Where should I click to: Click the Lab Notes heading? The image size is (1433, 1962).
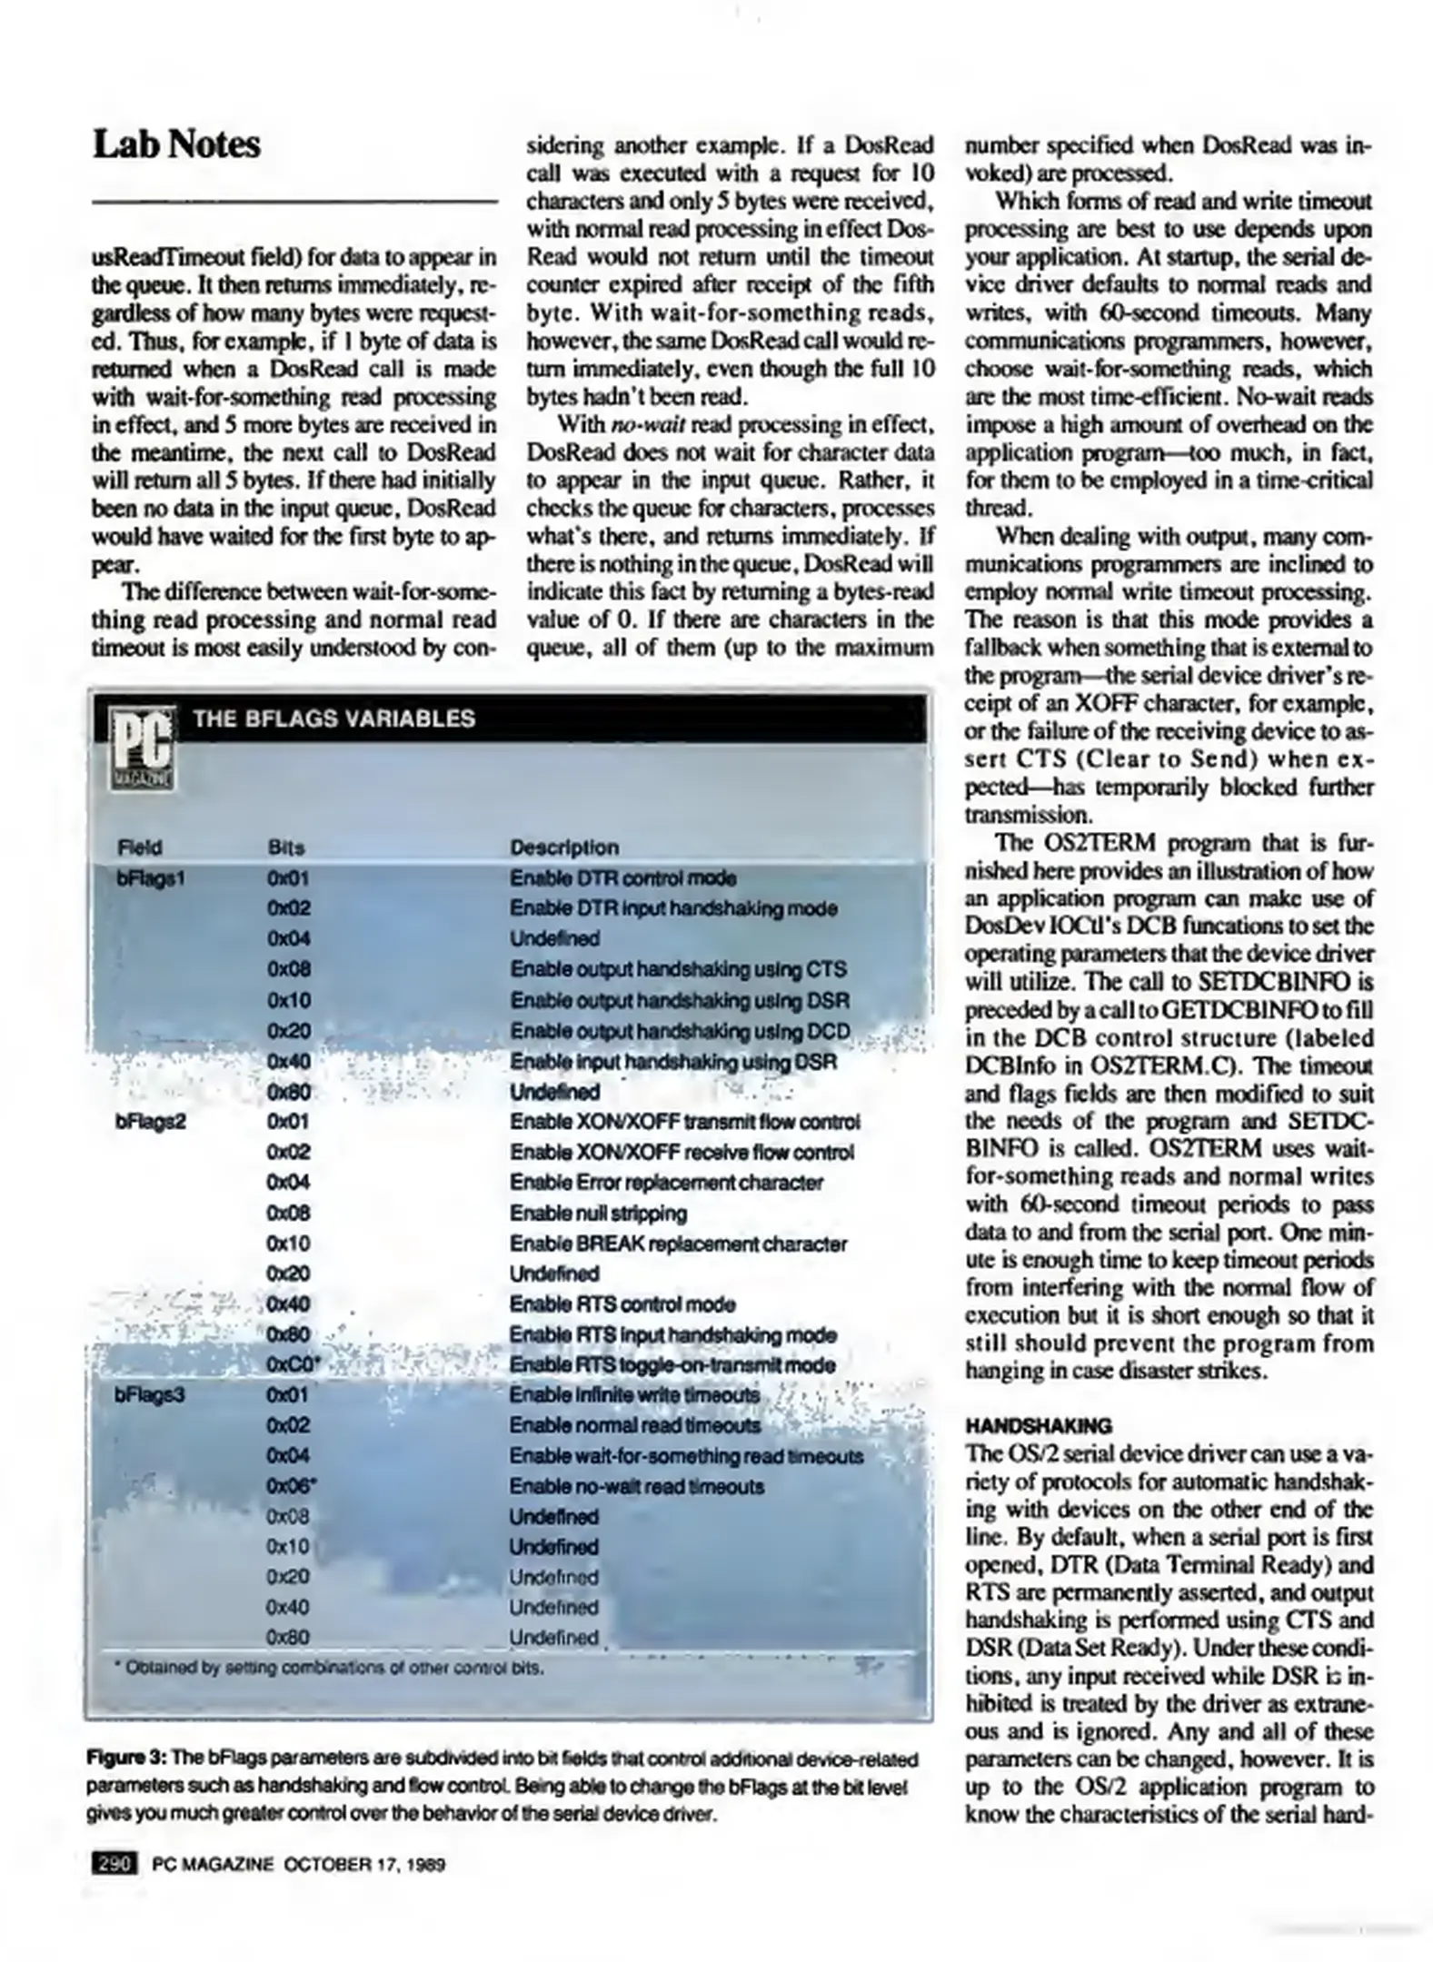click(176, 144)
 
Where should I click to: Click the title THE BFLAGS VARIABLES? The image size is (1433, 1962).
click(333, 718)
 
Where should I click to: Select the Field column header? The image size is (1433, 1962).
click(139, 847)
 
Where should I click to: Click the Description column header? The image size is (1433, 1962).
click(563, 847)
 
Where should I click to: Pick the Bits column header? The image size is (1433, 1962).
click(286, 847)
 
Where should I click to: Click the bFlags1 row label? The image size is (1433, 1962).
click(151, 878)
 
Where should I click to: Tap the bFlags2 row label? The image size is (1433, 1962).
click(150, 1122)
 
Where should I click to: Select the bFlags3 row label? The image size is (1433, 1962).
click(150, 1393)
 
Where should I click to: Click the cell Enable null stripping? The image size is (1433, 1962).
click(598, 1214)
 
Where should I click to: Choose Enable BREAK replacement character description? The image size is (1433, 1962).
click(678, 1244)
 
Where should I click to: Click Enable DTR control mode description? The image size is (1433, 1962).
click(622, 878)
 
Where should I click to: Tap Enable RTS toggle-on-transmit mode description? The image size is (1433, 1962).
click(672, 1364)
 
